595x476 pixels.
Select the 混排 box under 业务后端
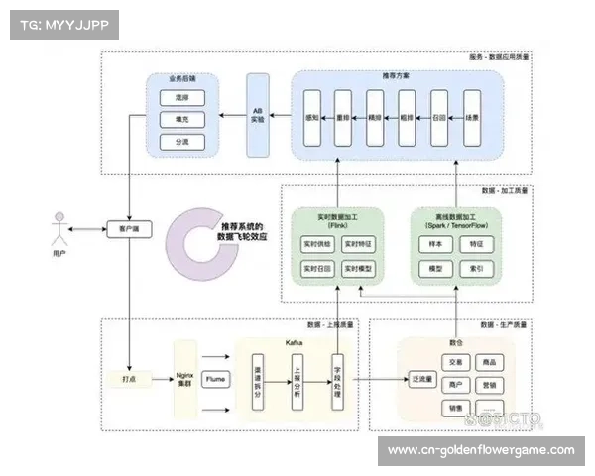click(x=180, y=99)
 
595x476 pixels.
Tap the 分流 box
click(x=180, y=143)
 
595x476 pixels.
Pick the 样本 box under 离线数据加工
click(x=433, y=243)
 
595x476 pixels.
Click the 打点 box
click(x=128, y=379)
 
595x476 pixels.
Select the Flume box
click(x=215, y=379)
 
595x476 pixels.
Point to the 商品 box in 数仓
click(x=488, y=362)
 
